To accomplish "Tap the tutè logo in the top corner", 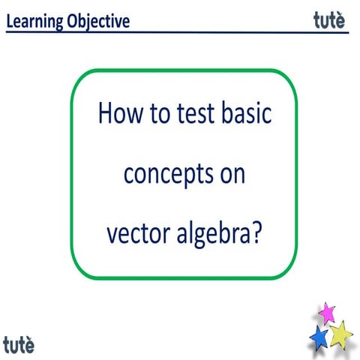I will pyautogui.click(x=329, y=20).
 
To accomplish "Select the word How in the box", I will pyautogui.click(x=119, y=115).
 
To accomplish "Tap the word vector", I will pyautogui.click(x=133, y=234).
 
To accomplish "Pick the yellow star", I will pyautogui.click(x=341, y=333).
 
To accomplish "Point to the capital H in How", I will pyautogui.click(x=106, y=115).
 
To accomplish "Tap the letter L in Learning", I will pyautogui.click(x=10, y=21).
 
